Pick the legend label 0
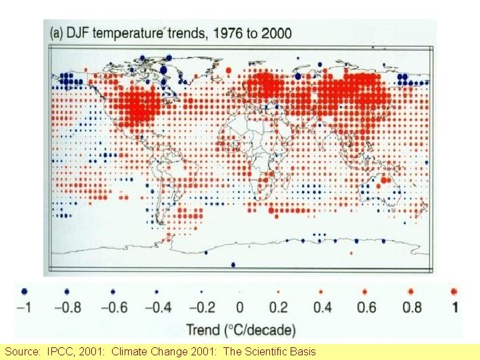point(239,307)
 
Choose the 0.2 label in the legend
point(279,307)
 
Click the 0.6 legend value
point(366,307)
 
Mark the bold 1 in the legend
point(454,307)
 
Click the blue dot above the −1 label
point(25,291)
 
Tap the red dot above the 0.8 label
point(411,291)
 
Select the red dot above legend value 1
point(454,291)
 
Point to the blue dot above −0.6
point(113,291)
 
